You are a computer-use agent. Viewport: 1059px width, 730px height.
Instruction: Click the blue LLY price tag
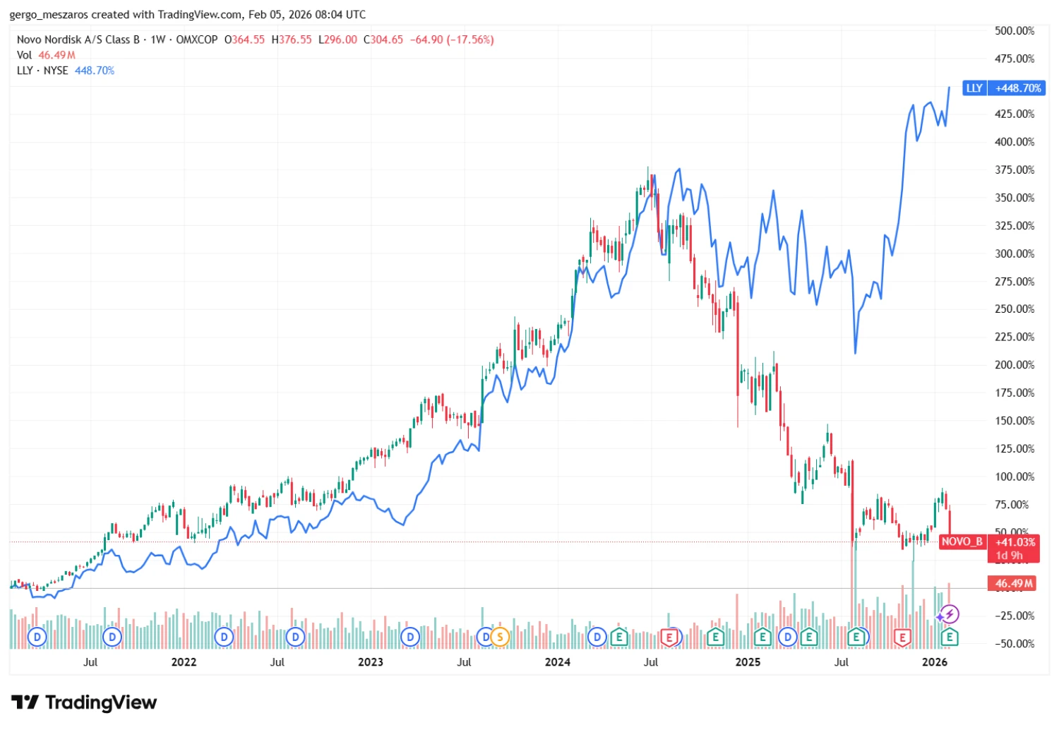click(x=974, y=88)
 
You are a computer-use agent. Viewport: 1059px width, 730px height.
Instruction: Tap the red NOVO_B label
click(x=962, y=541)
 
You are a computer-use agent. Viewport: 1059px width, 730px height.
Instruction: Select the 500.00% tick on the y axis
click(x=1015, y=31)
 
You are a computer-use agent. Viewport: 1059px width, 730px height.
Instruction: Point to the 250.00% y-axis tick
click(x=1015, y=309)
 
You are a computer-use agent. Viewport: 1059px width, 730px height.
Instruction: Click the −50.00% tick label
click(x=1015, y=643)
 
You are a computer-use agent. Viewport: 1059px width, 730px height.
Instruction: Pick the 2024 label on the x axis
click(x=557, y=662)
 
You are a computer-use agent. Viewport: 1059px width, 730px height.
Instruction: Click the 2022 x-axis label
click(x=184, y=662)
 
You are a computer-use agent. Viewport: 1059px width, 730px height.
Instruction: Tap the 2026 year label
click(x=935, y=662)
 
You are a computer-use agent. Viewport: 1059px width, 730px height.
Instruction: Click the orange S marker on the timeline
click(x=500, y=638)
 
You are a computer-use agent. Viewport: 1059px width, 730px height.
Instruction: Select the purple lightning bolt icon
click(x=950, y=614)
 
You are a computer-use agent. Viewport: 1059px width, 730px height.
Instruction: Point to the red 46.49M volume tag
click(x=1013, y=584)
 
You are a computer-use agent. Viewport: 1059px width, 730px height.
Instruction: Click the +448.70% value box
click(x=1018, y=88)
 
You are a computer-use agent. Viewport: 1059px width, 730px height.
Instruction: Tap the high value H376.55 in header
click(x=292, y=40)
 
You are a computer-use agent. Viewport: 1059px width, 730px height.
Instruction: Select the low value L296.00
click(x=337, y=40)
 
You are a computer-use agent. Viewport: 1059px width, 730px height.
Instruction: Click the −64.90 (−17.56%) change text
click(x=452, y=40)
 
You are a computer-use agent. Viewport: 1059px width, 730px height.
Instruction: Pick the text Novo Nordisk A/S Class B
click(x=78, y=40)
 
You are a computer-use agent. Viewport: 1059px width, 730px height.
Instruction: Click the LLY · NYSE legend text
click(x=42, y=71)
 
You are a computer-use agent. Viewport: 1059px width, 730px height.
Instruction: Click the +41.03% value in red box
click(x=1015, y=542)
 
